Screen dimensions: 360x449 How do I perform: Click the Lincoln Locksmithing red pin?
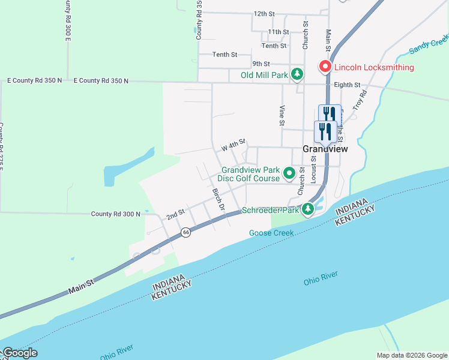point(325,67)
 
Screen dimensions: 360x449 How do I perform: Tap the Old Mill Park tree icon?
point(297,74)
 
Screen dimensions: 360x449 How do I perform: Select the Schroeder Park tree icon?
point(308,209)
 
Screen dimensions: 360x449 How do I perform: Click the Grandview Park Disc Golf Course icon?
point(289,173)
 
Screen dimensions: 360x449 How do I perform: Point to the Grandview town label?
point(325,149)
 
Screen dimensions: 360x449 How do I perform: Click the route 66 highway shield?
point(187,232)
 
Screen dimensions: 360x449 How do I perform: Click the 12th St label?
point(264,13)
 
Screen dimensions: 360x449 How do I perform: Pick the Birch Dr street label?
point(218,199)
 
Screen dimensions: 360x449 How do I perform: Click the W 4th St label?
point(234,145)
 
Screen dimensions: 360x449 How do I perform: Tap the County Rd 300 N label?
point(115,214)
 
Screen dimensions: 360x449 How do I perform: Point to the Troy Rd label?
point(360,100)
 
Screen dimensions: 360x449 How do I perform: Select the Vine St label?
point(282,115)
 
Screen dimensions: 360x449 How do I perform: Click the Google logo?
point(20,353)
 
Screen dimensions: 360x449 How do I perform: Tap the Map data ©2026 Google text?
point(411,355)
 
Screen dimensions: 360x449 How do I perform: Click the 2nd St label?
point(175,214)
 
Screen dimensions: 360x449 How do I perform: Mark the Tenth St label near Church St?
point(274,46)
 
